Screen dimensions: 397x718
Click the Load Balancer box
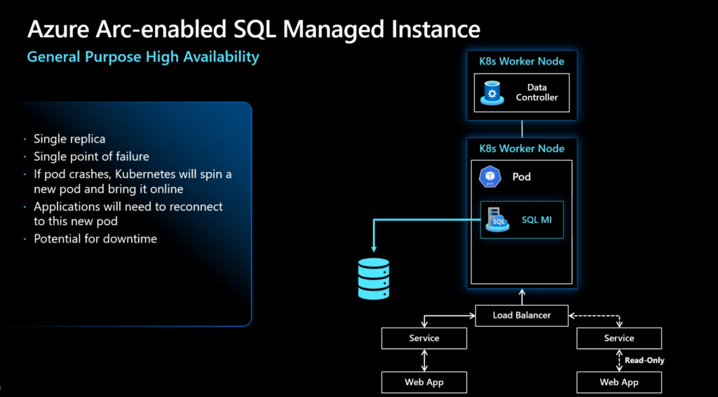[x=522, y=315]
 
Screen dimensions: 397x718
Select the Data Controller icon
[x=492, y=93]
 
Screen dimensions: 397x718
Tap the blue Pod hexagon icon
[x=489, y=177]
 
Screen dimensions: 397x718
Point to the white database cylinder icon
[x=373, y=278]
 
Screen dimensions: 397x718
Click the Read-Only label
[x=644, y=361]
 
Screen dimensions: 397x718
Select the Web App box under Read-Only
[x=619, y=382]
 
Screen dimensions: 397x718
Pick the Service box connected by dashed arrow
[x=619, y=338]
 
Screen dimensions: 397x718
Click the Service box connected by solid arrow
[x=424, y=338]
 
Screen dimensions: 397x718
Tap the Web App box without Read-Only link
[x=424, y=382]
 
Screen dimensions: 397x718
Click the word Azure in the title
[x=59, y=29]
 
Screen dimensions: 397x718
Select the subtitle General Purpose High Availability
[x=143, y=57]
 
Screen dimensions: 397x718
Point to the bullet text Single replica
[x=69, y=140]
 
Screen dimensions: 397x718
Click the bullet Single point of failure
[x=91, y=156]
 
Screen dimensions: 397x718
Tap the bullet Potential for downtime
[x=95, y=238]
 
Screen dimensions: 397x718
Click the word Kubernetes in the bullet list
[x=146, y=173]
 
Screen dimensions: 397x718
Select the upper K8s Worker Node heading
[x=522, y=61]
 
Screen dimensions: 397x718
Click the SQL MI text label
[x=536, y=220]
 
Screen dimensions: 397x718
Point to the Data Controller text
[x=536, y=93]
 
